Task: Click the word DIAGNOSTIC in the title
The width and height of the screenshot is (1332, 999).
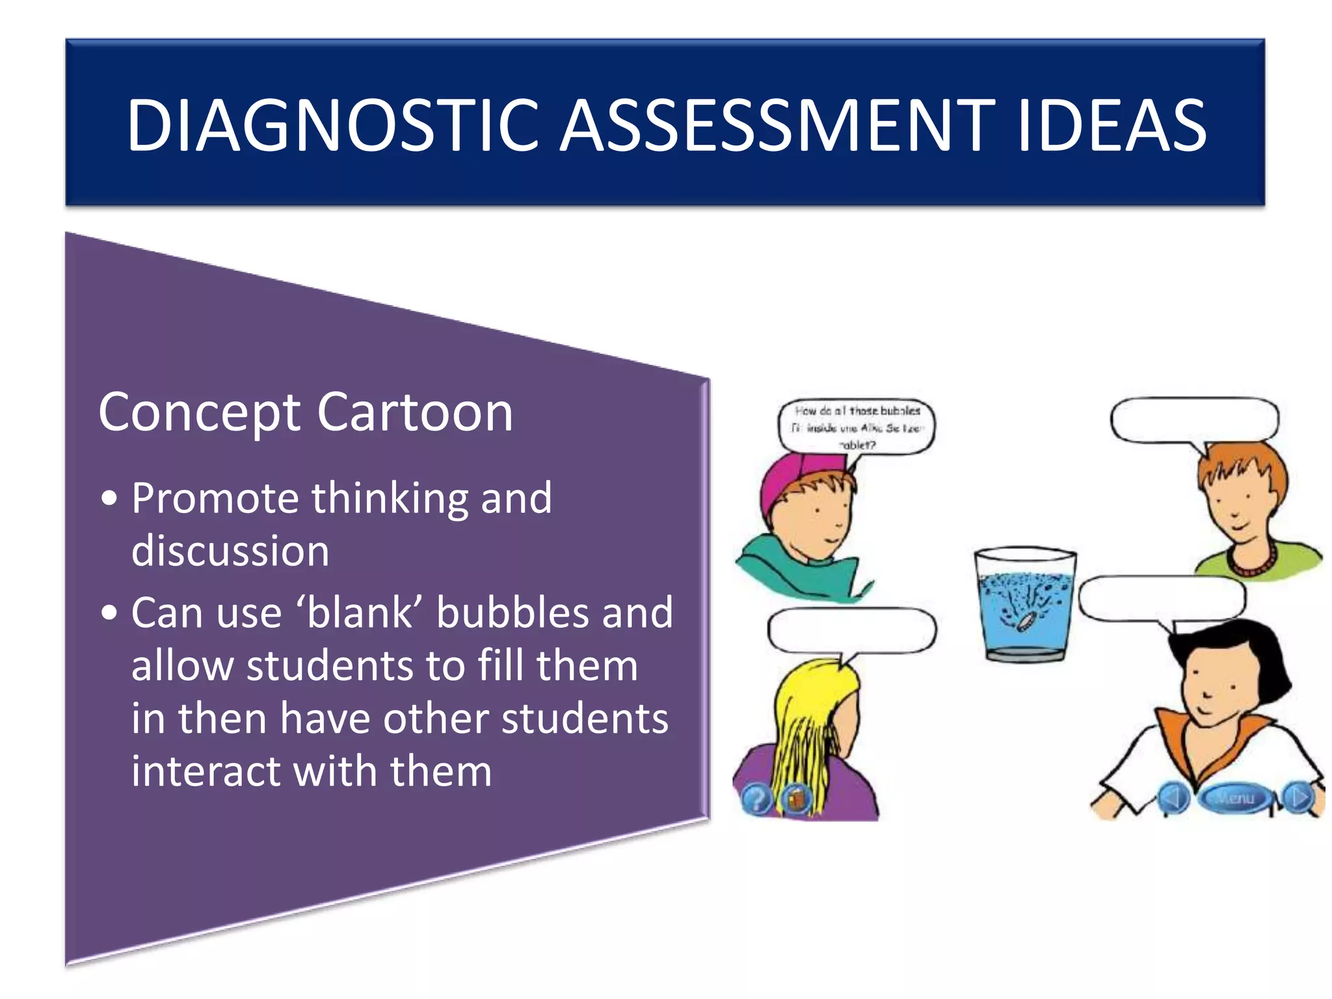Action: (x=332, y=125)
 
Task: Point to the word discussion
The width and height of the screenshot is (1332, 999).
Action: (x=230, y=550)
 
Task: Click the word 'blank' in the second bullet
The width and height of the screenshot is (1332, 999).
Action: (x=360, y=613)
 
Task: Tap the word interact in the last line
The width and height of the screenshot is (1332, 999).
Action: (x=206, y=771)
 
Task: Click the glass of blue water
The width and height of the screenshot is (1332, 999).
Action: (x=1024, y=605)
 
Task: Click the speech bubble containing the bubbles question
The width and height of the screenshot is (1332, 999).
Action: (x=857, y=427)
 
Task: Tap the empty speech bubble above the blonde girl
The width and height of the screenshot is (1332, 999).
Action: (x=851, y=630)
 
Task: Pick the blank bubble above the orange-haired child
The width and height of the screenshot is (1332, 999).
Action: (x=1194, y=420)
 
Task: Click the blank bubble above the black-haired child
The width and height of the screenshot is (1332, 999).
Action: (x=1162, y=598)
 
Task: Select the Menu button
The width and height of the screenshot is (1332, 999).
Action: (x=1234, y=797)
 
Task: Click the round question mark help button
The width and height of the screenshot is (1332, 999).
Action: (x=756, y=799)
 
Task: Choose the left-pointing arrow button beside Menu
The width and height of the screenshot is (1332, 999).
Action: (x=1173, y=797)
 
